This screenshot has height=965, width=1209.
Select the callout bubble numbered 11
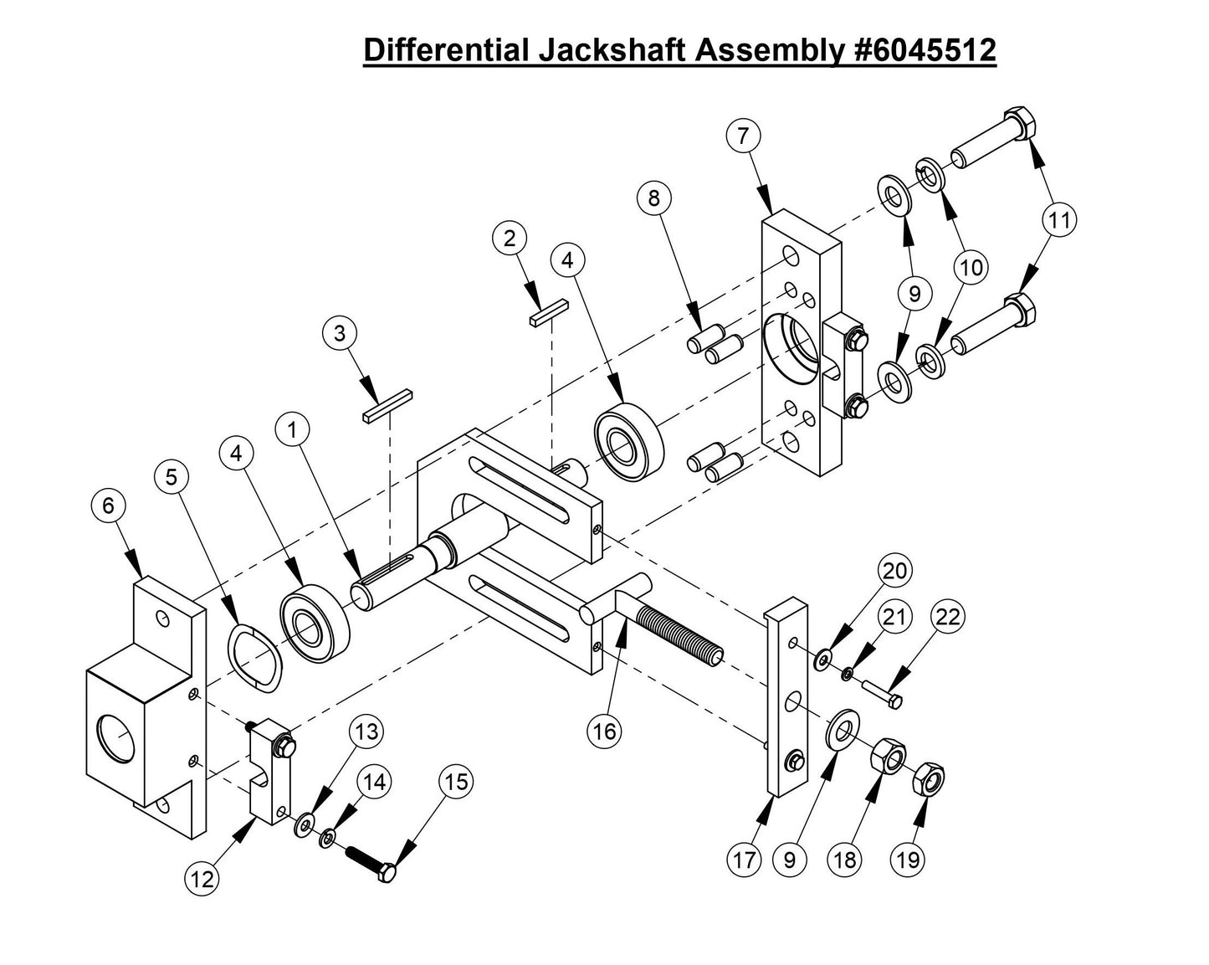(x=1058, y=221)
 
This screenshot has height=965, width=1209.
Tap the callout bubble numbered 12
(x=202, y=878)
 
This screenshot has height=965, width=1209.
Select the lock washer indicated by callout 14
(x=328, y=836)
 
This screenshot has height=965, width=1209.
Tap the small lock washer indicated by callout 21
(x=848, y=673)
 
